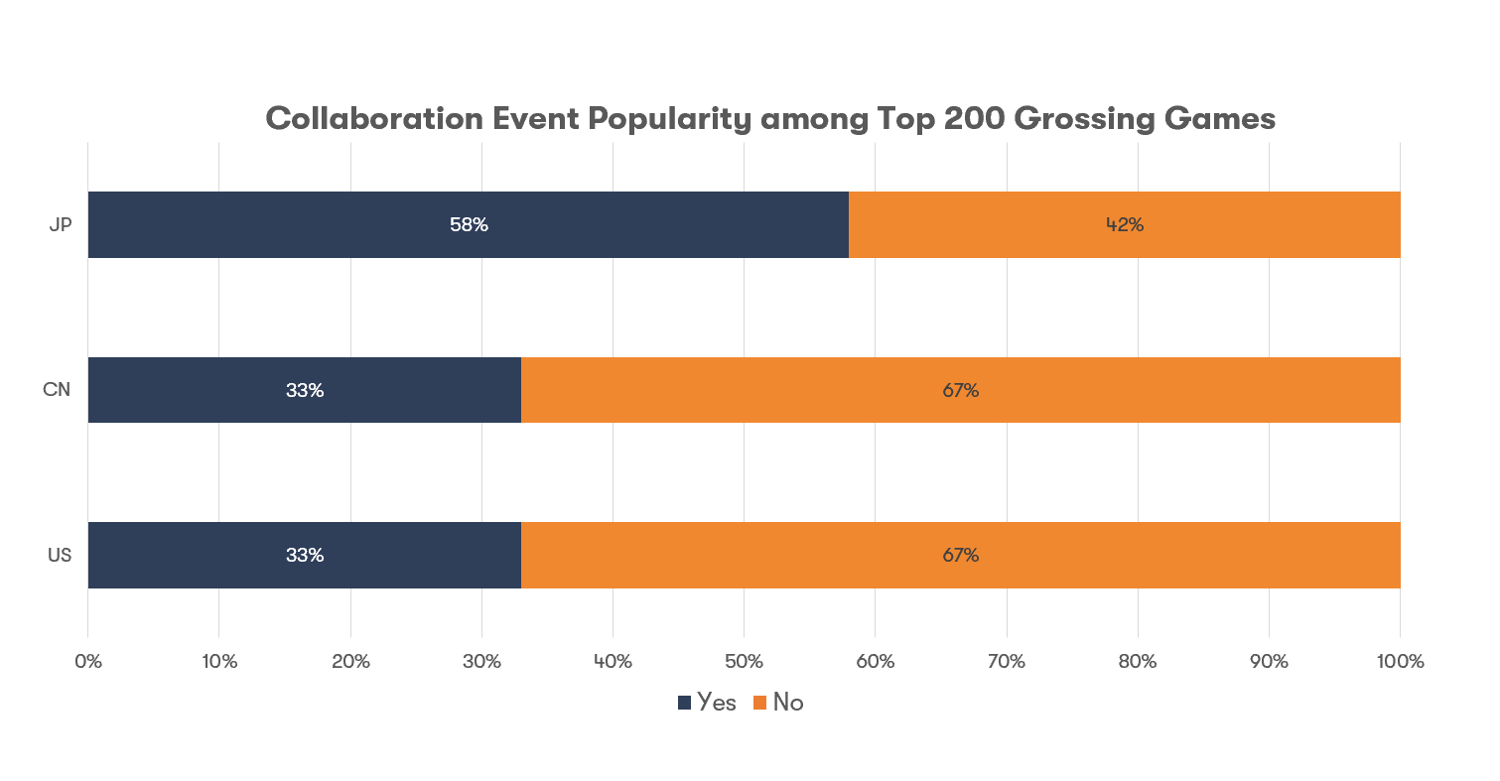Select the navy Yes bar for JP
[x=298, y=225]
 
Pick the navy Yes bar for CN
[x=199, y=390]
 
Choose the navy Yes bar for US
[x=199, y=555]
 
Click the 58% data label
[x=469, y=225]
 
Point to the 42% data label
[x=1125, y=225]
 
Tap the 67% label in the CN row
[x=960, y=390]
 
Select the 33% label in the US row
[x=305, y=555]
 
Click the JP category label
[x=60, y=225]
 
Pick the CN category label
[x=57, y=390]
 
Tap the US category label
[x=59, y=555]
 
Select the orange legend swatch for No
[x=760, y=703]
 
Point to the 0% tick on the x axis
[x=88, y=661]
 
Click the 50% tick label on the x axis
[x=744, y=661]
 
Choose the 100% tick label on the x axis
[x=1399, y=661]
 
